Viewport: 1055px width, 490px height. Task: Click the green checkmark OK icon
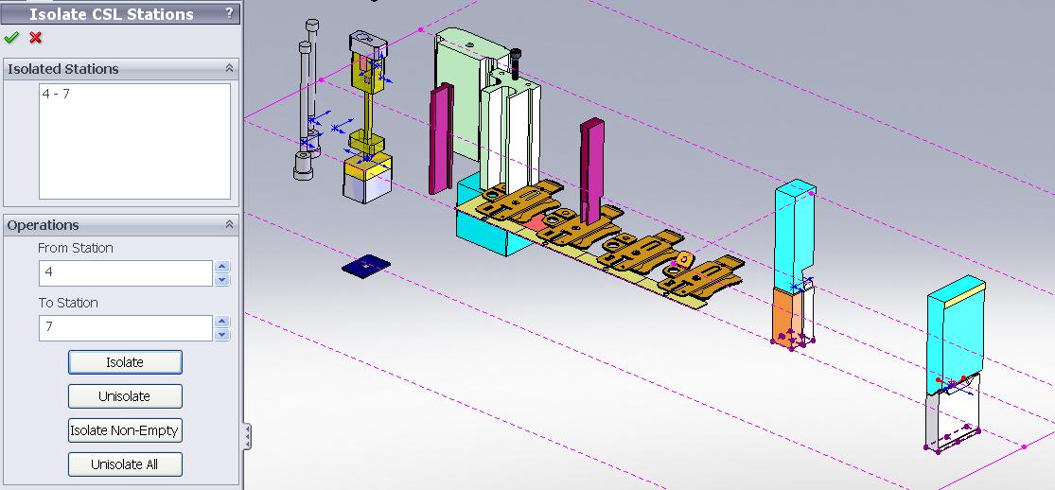click(10, 38)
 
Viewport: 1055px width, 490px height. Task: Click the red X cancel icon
click(36, 38)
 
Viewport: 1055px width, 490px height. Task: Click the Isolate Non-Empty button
click(125, 430)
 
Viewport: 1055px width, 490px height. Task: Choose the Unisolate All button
click(125, 464)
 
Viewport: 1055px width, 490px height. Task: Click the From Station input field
click(126, 272)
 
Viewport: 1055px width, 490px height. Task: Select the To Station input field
click(126, 328)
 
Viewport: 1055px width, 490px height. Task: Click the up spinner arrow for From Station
click(222, 267)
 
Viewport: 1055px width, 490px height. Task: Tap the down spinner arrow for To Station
click(222, 335)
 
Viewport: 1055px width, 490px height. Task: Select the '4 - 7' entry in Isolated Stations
click(56, 95)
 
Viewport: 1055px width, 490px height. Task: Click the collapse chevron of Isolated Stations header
click(229, 69)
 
